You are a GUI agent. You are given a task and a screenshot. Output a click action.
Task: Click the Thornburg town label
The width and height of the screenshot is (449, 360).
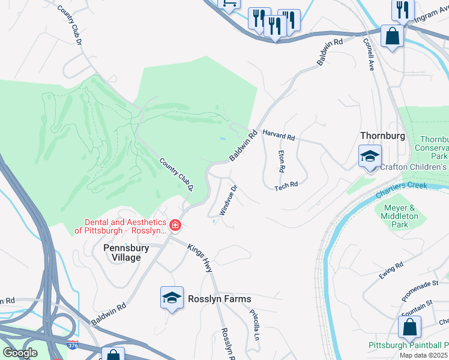coord(382,136)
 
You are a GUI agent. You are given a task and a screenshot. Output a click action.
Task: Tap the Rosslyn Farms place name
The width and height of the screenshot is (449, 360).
coord(219,299)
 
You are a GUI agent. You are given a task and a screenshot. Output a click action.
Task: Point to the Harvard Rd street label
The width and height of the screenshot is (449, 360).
coord(279,137)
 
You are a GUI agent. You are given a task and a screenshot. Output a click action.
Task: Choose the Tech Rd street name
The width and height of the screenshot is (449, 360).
coord(286,187)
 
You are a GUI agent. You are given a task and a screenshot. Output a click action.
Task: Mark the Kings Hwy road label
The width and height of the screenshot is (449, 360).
coord(200,258)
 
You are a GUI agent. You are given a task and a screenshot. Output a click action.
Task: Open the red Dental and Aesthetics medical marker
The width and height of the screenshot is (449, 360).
coord(175,226)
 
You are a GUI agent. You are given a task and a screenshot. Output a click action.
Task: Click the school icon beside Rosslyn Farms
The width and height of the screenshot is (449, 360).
coord(172,298)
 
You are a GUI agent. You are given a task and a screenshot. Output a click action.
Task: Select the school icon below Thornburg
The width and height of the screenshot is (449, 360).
coord(370,157)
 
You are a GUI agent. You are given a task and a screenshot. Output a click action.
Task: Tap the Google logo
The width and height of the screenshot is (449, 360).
coord(20,353)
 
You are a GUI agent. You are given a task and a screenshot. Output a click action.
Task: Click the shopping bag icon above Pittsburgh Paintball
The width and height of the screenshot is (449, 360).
coord(409,328)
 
